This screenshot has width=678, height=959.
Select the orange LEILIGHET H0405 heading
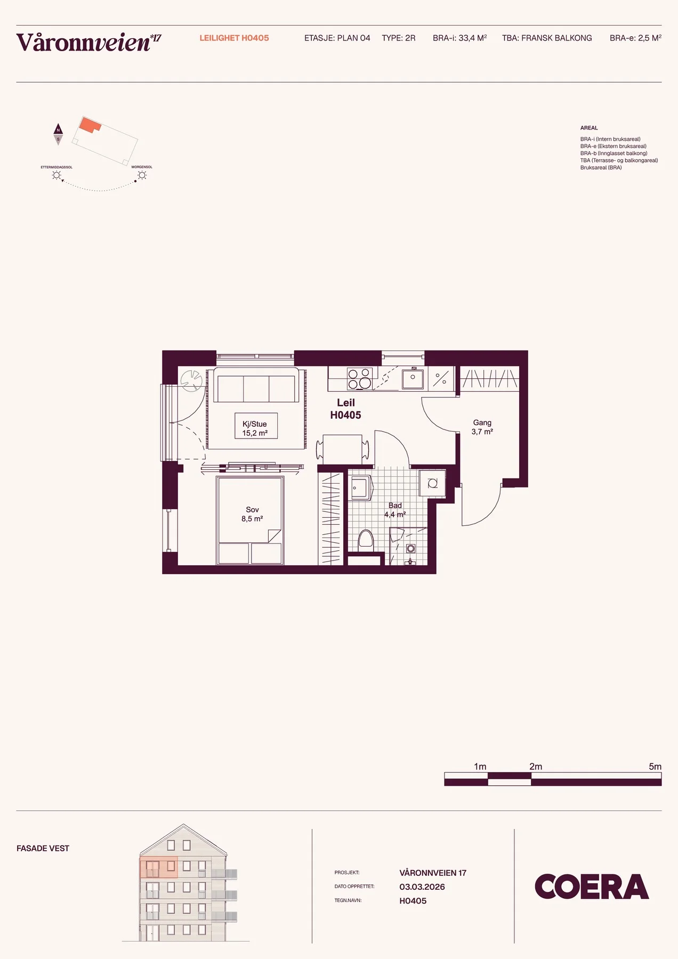tap(234, 38)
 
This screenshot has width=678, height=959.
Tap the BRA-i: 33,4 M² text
tap(459, 38)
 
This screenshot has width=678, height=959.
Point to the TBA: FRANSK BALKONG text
tap(547, 38)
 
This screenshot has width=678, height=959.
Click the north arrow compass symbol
tap(58, 134)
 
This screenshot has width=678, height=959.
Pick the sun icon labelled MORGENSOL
tap(142, 175)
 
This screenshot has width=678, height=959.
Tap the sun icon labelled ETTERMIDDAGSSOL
tap(57, 175)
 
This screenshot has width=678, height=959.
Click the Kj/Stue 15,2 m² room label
tap(255, 428)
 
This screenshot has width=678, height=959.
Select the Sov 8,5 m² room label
tap(252, 514)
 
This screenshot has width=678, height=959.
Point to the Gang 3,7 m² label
tap(482, 427)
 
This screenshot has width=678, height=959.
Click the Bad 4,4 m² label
tap(395, 510)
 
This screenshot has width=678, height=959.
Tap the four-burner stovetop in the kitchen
tap(359, 378)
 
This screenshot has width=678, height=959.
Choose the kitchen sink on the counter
tap(413, 378)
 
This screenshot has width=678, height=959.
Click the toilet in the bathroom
tap(366, 540)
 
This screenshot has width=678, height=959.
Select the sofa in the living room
tap(256, 385)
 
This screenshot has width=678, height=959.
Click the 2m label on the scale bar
tap(536, 766)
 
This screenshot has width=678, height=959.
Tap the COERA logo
tap(592, 887)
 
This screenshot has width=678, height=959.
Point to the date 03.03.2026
tap(422, 887)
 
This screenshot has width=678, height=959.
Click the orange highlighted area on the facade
tap(158, 867)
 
